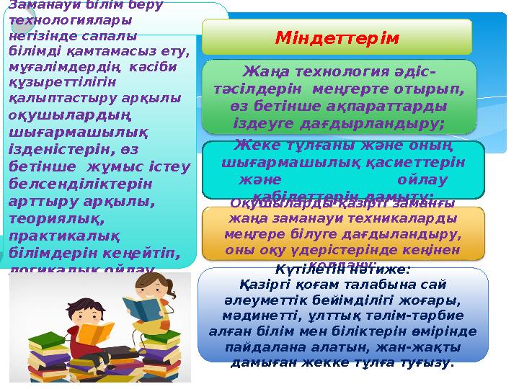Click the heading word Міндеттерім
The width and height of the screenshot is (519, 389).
pos(337,37)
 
